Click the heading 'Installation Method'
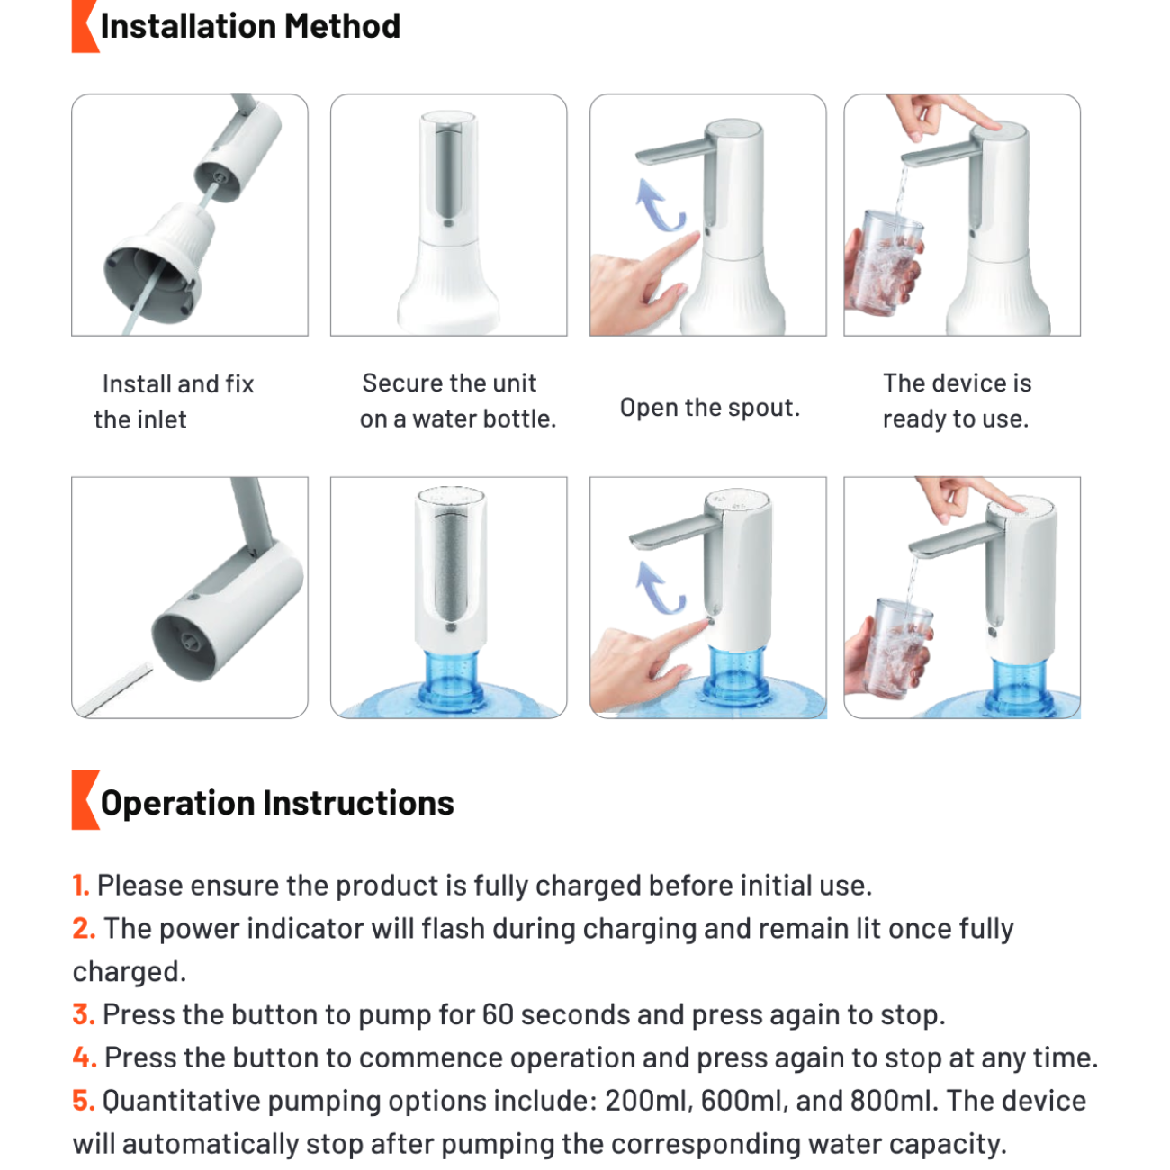(x=250, y=26)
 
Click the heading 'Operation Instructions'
(x=277, y=803)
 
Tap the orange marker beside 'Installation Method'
(x=85, y=26)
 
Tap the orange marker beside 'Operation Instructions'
(x=85, y=799)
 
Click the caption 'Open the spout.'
(x=710, y=408)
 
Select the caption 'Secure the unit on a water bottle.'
(x=458, y=400)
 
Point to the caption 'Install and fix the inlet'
(x=175, y=401)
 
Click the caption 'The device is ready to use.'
(x=957, y=400)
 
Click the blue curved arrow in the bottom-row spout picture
(x=659, y=588)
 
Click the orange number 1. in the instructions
(x=81, y=886)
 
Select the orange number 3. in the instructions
(x=84, y=1014)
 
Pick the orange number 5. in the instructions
(x=84, y=1100)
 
